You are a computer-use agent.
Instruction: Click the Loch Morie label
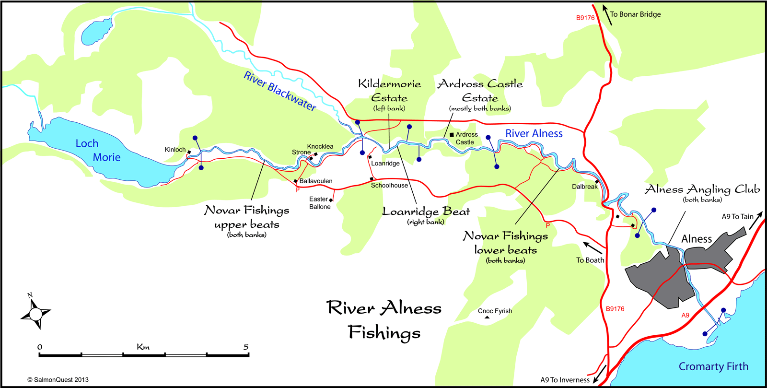coord(98,151)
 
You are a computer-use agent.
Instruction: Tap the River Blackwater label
coord(280,91)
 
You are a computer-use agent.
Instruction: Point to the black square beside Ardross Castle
coord(452,135)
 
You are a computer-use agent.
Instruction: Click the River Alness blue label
coord(534,134)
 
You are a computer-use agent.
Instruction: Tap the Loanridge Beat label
coord(426,212)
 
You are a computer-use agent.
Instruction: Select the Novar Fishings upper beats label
coord(247,217)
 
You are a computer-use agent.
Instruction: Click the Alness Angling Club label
coord(702,189)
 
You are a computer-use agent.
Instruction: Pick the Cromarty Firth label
coord(713,366)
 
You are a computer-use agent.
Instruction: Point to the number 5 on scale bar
coord(246,347)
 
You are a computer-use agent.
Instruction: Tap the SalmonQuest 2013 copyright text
coord(58,380)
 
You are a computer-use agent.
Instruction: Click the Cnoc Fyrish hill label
coord(495,311)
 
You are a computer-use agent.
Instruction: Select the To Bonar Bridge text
coord(635,14)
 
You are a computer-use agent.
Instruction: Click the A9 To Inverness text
coord(565,380)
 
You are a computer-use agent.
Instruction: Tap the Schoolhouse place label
coord(389,186)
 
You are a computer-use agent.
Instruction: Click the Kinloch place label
coord(175,150)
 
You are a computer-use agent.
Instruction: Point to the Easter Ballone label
coord(319,203)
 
